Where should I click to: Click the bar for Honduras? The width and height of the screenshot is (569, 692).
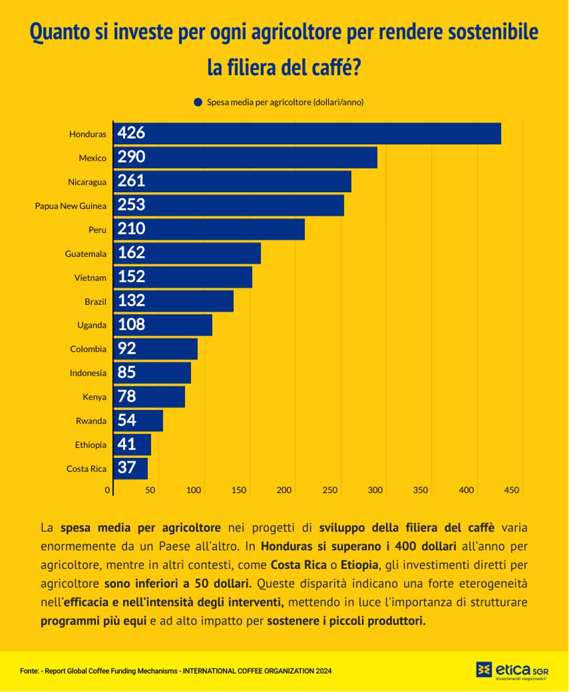(x=308, y=133)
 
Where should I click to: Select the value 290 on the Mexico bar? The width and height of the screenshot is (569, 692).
(x=131, y=157)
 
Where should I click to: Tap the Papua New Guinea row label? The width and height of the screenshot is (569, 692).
(x=70, y=206)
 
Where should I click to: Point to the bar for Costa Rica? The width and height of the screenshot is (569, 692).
(x=131, y=468)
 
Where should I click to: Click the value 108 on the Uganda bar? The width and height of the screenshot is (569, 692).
(x=131, y=325)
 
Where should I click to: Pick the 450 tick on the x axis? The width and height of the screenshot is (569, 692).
(x=512, y=490)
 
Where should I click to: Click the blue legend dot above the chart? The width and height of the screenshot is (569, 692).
(x=198, y=102)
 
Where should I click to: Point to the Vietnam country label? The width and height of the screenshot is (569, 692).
(x=90, y=277)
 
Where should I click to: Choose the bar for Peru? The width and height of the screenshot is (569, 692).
(x=209, y=229)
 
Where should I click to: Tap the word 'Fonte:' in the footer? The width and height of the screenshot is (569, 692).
(x=30, y=671)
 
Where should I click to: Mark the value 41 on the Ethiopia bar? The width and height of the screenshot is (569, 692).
(x=127, y=444)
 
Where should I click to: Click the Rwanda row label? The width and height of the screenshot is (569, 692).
(x=90, y=421)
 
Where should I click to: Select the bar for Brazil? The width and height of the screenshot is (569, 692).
(x=173, y=301)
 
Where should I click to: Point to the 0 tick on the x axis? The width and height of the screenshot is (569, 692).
(x=108, y=490)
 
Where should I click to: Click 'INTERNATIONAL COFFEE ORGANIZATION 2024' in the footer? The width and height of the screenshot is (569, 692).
(x=257, y=671)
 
